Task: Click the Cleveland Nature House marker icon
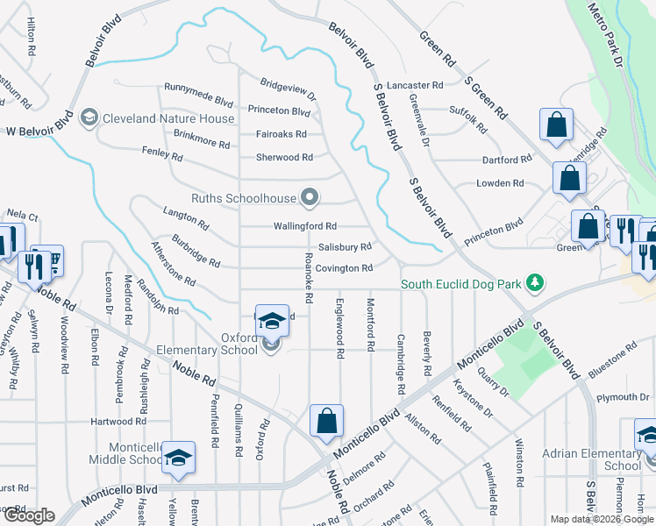pos(89,117)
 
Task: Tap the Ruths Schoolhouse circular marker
pos(309,197)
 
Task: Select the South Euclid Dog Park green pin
pos(532,283)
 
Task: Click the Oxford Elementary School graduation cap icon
pos(272,322)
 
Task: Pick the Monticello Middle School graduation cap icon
pos(178,458)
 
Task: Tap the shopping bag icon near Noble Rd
pos(326,421)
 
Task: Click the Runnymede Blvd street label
pos(199,88)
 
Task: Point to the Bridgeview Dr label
pos(288,88)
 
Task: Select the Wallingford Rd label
pos(304,226)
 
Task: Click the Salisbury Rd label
pos(345,247)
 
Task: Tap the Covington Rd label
pos(345,268)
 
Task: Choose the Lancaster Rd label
pos(415,86)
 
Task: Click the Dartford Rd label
pos(507,160)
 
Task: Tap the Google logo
pos(28,515)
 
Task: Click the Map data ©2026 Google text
pos(602,519)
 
